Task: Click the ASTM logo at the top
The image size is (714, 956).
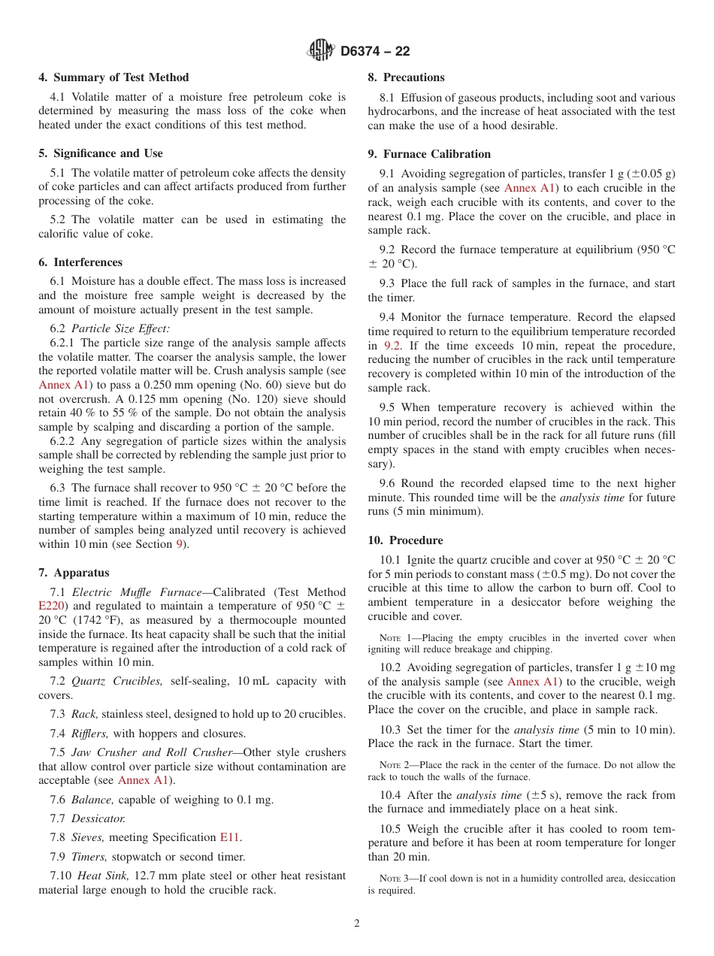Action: pos(321,51)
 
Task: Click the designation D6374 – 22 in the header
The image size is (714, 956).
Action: pos(375,52)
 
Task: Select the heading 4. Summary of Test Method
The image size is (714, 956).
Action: pos(113,77)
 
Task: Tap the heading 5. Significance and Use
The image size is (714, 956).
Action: pos(101,153)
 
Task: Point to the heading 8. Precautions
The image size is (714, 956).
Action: pos(406,77)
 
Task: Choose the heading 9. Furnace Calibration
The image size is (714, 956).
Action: pos(429,154)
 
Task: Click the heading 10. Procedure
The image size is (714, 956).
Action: pos(405,540)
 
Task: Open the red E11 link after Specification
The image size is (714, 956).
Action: pos(230,837)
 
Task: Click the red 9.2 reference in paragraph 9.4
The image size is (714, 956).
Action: pos(392,346)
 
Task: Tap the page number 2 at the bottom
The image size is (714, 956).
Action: pos(357,924)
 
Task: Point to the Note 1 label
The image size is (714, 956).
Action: pos(390,638)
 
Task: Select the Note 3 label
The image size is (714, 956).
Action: pos(391,879)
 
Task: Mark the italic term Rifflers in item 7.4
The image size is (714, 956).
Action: pos(89,734)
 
